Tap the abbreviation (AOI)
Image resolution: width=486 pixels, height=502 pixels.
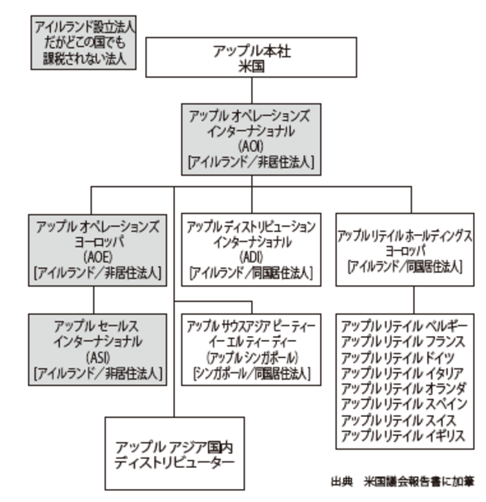[250, 146]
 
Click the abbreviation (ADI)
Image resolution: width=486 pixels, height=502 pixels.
[250, 257]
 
